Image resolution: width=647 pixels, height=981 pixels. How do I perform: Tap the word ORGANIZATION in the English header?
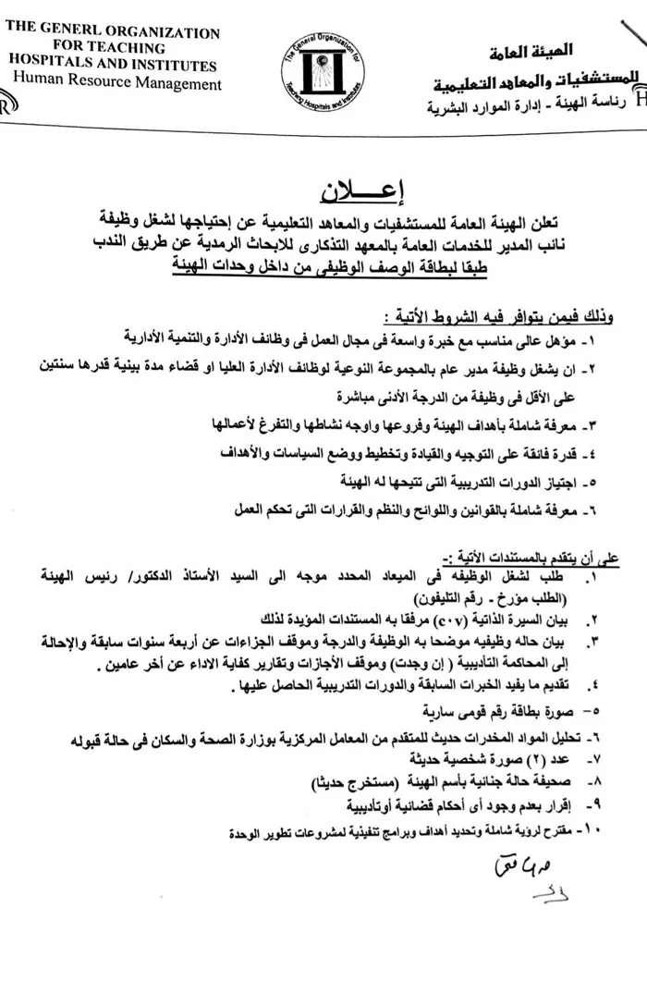pos(165,31)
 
